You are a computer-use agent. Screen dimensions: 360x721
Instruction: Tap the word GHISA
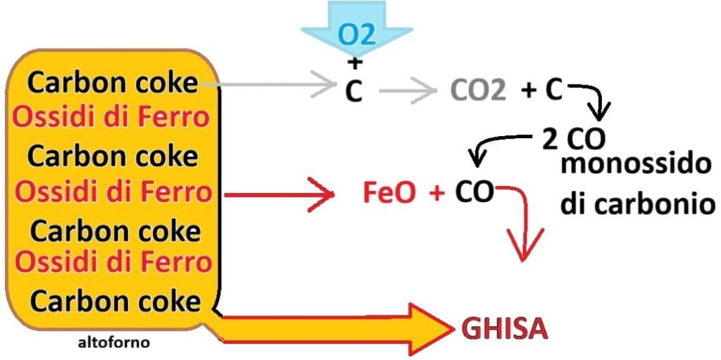pyautogui.click(x=504, y=328)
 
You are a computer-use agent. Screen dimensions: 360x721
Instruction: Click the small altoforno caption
pyautogui.click(x=114, y=345)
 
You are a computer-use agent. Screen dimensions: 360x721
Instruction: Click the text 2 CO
pyautogui.click(x=573, y=139)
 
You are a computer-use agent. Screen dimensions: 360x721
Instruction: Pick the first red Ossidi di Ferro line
pyautogui.click(x=112, y=117)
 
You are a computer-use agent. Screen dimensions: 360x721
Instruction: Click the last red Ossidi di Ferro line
pyautogui.click(x=113, y=262)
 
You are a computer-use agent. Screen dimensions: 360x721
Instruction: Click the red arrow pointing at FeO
pyautogui.click(x=282, y=192)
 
